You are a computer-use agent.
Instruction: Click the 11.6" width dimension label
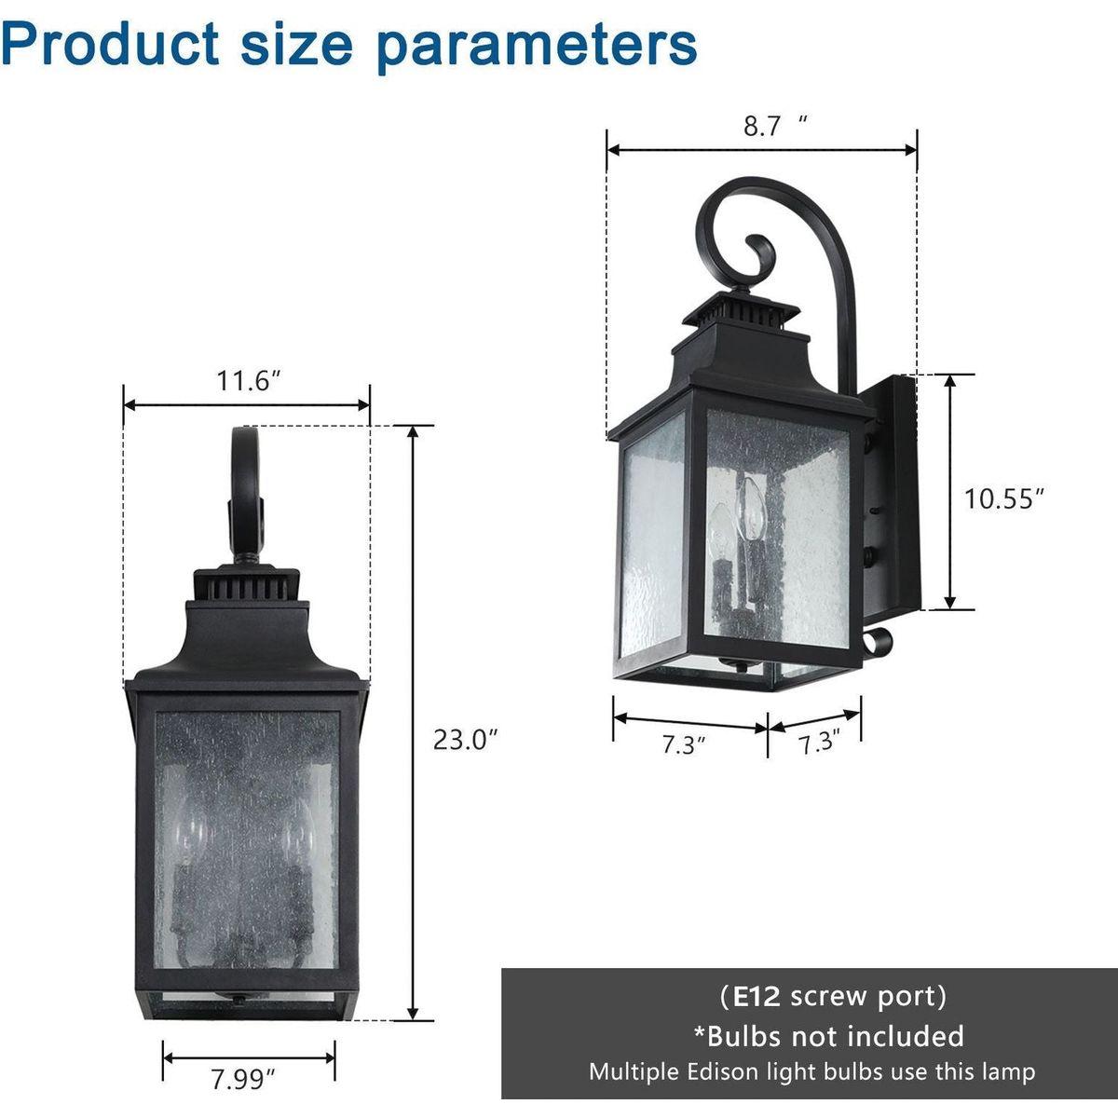pos(249,381)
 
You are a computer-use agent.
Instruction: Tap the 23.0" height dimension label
pos(465,740)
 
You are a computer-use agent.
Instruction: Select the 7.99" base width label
pos(242,1081)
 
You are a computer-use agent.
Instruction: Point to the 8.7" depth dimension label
pos(775,126)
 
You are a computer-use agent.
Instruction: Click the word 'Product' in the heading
pos(110,44)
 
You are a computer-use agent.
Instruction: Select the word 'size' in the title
pos(297,44)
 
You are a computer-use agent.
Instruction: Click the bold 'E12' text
pos(756,997)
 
